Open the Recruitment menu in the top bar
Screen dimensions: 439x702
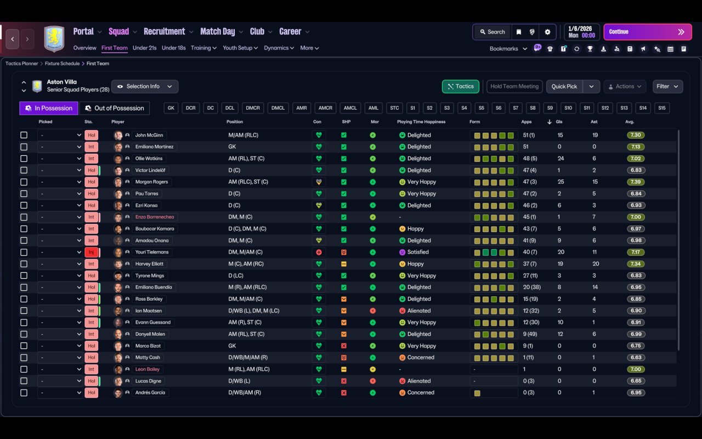click(165, 32)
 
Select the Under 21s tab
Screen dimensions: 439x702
click(144, 48)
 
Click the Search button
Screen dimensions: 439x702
click(492, 32)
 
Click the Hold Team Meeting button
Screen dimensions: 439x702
click(514, 86)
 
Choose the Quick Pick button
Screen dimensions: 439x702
click(564, 86)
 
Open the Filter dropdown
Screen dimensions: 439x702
click(667, 86)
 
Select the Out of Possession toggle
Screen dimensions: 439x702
click(115, 108)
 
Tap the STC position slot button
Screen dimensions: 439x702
click(394, 108)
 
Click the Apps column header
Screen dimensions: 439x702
click(526, 122)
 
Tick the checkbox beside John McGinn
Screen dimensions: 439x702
click(24, 135)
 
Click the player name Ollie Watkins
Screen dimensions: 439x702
click(149, 159)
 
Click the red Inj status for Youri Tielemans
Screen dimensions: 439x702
click(91, 252)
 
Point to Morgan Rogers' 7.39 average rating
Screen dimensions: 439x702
click(636, 182)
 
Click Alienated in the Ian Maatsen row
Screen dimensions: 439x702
click(419, 311)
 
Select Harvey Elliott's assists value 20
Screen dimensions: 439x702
click(596, 264)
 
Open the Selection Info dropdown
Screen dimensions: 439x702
click(145, 86)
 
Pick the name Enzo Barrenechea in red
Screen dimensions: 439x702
click(155, 217)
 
